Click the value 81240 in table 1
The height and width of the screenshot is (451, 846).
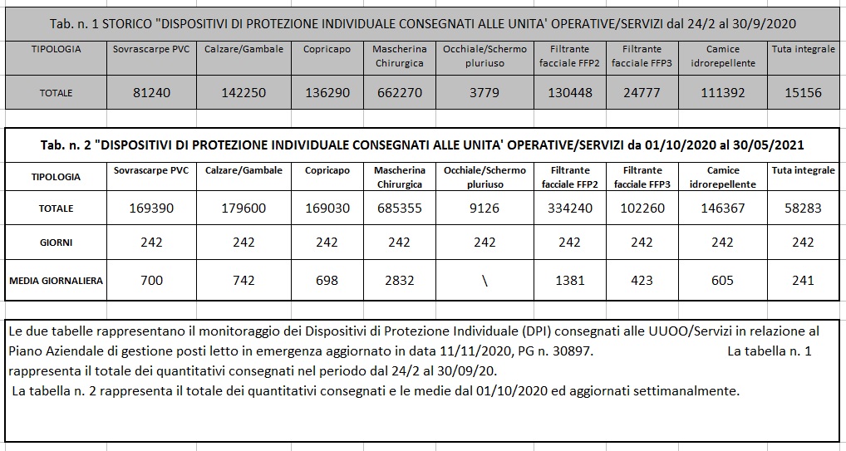tap(151, 93)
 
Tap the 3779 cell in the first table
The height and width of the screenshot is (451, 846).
tap(484, 93)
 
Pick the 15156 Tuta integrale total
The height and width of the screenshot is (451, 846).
tap(803, 93)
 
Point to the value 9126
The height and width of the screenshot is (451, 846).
tap(484, 208)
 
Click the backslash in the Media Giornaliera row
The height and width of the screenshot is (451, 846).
tap(484, 281)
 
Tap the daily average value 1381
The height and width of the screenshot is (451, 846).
tap(569, 281)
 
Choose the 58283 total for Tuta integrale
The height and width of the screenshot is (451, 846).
tap(803, 208)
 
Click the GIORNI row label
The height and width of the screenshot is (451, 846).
tap(56, 243)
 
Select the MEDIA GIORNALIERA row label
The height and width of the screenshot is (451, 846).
tap(56, 281)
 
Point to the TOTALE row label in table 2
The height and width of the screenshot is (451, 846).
tap(56, 208)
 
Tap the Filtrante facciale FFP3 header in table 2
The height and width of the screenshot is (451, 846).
tap(642, 177)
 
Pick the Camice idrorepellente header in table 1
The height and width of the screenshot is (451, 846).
tap(722, 56)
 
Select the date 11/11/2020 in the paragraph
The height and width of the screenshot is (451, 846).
tap(465, 352)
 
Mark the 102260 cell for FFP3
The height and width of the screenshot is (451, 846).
tap(642, 208)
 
